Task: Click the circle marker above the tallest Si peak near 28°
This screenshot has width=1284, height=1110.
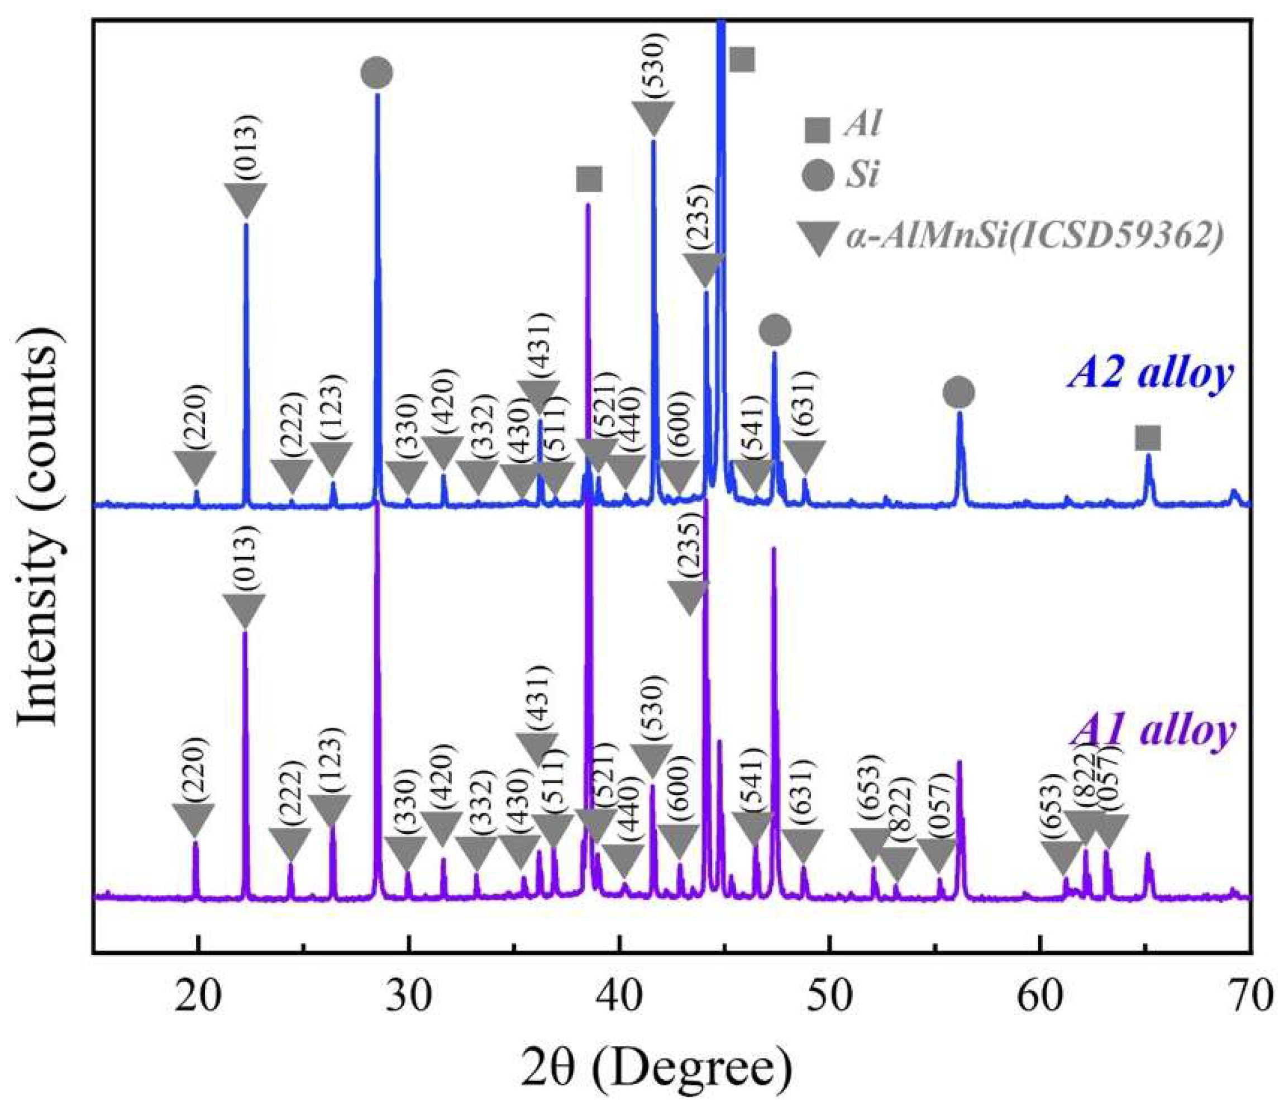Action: (376, 73)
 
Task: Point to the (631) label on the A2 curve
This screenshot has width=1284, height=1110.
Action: (804, 406)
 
